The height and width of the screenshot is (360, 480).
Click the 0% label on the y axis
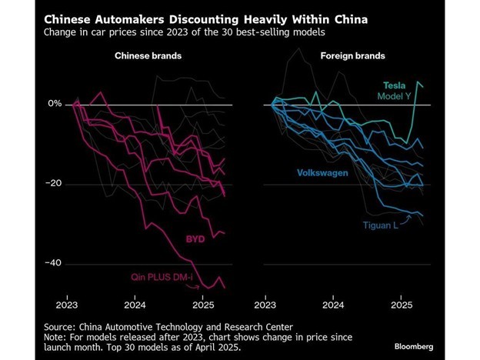tap(55, 104)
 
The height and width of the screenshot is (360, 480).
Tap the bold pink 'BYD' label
tap(195, 239)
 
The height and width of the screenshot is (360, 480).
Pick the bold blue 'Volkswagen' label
tap(322, 173)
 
